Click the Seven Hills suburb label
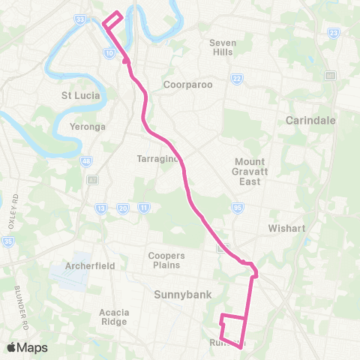click(x=223, y=47)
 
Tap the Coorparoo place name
click(x=188, y=85)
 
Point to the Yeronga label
click(x=86, y=127)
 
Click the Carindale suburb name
click(x=310, y=120)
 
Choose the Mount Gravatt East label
click(x=249, y=172)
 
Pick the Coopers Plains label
click(x=166, y=260)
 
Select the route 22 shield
click(x=236, y=79)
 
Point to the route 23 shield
click(x=332, y=34)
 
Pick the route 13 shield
click(x=101, y=208)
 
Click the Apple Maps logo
click(x=27, y=346)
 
